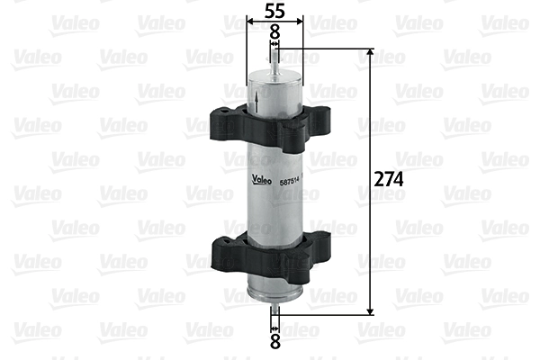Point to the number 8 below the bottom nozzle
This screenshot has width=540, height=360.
click(275, 341)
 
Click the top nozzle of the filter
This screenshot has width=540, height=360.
click(275, 63)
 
